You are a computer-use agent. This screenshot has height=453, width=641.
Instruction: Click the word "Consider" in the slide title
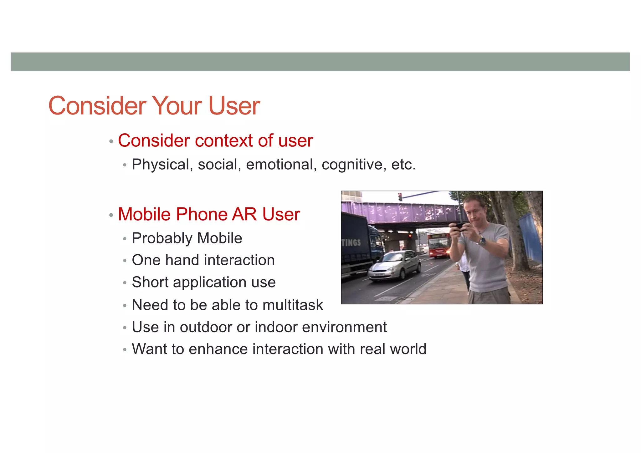pos(97,106)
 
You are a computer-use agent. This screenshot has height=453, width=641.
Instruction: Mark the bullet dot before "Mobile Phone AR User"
pos(111,215)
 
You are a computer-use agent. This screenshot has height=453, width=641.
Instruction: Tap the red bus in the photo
pos(439,245)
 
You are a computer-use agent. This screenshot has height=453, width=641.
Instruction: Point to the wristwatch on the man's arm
pos(482,240)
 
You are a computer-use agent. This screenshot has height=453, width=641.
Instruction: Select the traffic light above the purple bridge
pos(400,197)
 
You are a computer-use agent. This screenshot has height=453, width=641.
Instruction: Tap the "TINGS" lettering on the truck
pos(351,242)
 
